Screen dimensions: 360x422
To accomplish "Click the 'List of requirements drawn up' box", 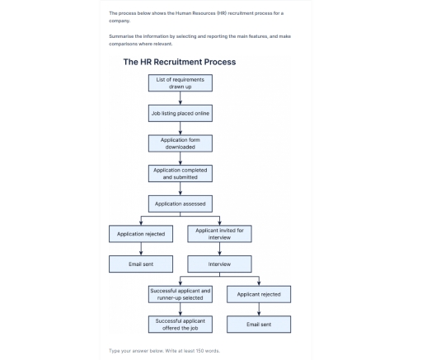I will pos(180,82).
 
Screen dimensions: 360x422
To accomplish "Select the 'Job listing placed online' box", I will pos(180,113).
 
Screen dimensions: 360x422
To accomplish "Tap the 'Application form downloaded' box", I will pos(180,143).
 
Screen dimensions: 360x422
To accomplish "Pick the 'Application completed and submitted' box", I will pos(180,173).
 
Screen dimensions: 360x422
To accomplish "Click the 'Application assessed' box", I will pos(180,203).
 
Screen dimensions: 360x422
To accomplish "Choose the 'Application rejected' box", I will pos(141,234).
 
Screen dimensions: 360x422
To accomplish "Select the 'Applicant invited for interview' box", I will pos(219,234).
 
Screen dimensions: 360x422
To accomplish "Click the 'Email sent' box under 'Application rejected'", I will pos(141,264).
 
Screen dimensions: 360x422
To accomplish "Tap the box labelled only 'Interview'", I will pos(219,264).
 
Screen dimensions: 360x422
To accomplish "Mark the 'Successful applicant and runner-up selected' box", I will pos(180,294).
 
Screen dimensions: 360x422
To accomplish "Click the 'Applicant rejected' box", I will pos(259,294).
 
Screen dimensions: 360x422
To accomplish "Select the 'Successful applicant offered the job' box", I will pos(180,325).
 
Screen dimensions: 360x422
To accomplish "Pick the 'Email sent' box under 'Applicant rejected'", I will pos(259,325).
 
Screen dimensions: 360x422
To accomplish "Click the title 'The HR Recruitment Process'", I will pos(179,62).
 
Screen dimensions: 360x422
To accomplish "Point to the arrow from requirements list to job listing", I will pos(180,98).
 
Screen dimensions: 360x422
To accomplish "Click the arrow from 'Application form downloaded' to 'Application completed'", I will pos(180,158).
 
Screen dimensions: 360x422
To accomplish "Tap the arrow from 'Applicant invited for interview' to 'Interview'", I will pos(219,250).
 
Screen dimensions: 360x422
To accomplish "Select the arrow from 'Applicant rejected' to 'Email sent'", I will pos(259,310).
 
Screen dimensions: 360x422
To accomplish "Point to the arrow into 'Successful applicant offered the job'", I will pos(180,310).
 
